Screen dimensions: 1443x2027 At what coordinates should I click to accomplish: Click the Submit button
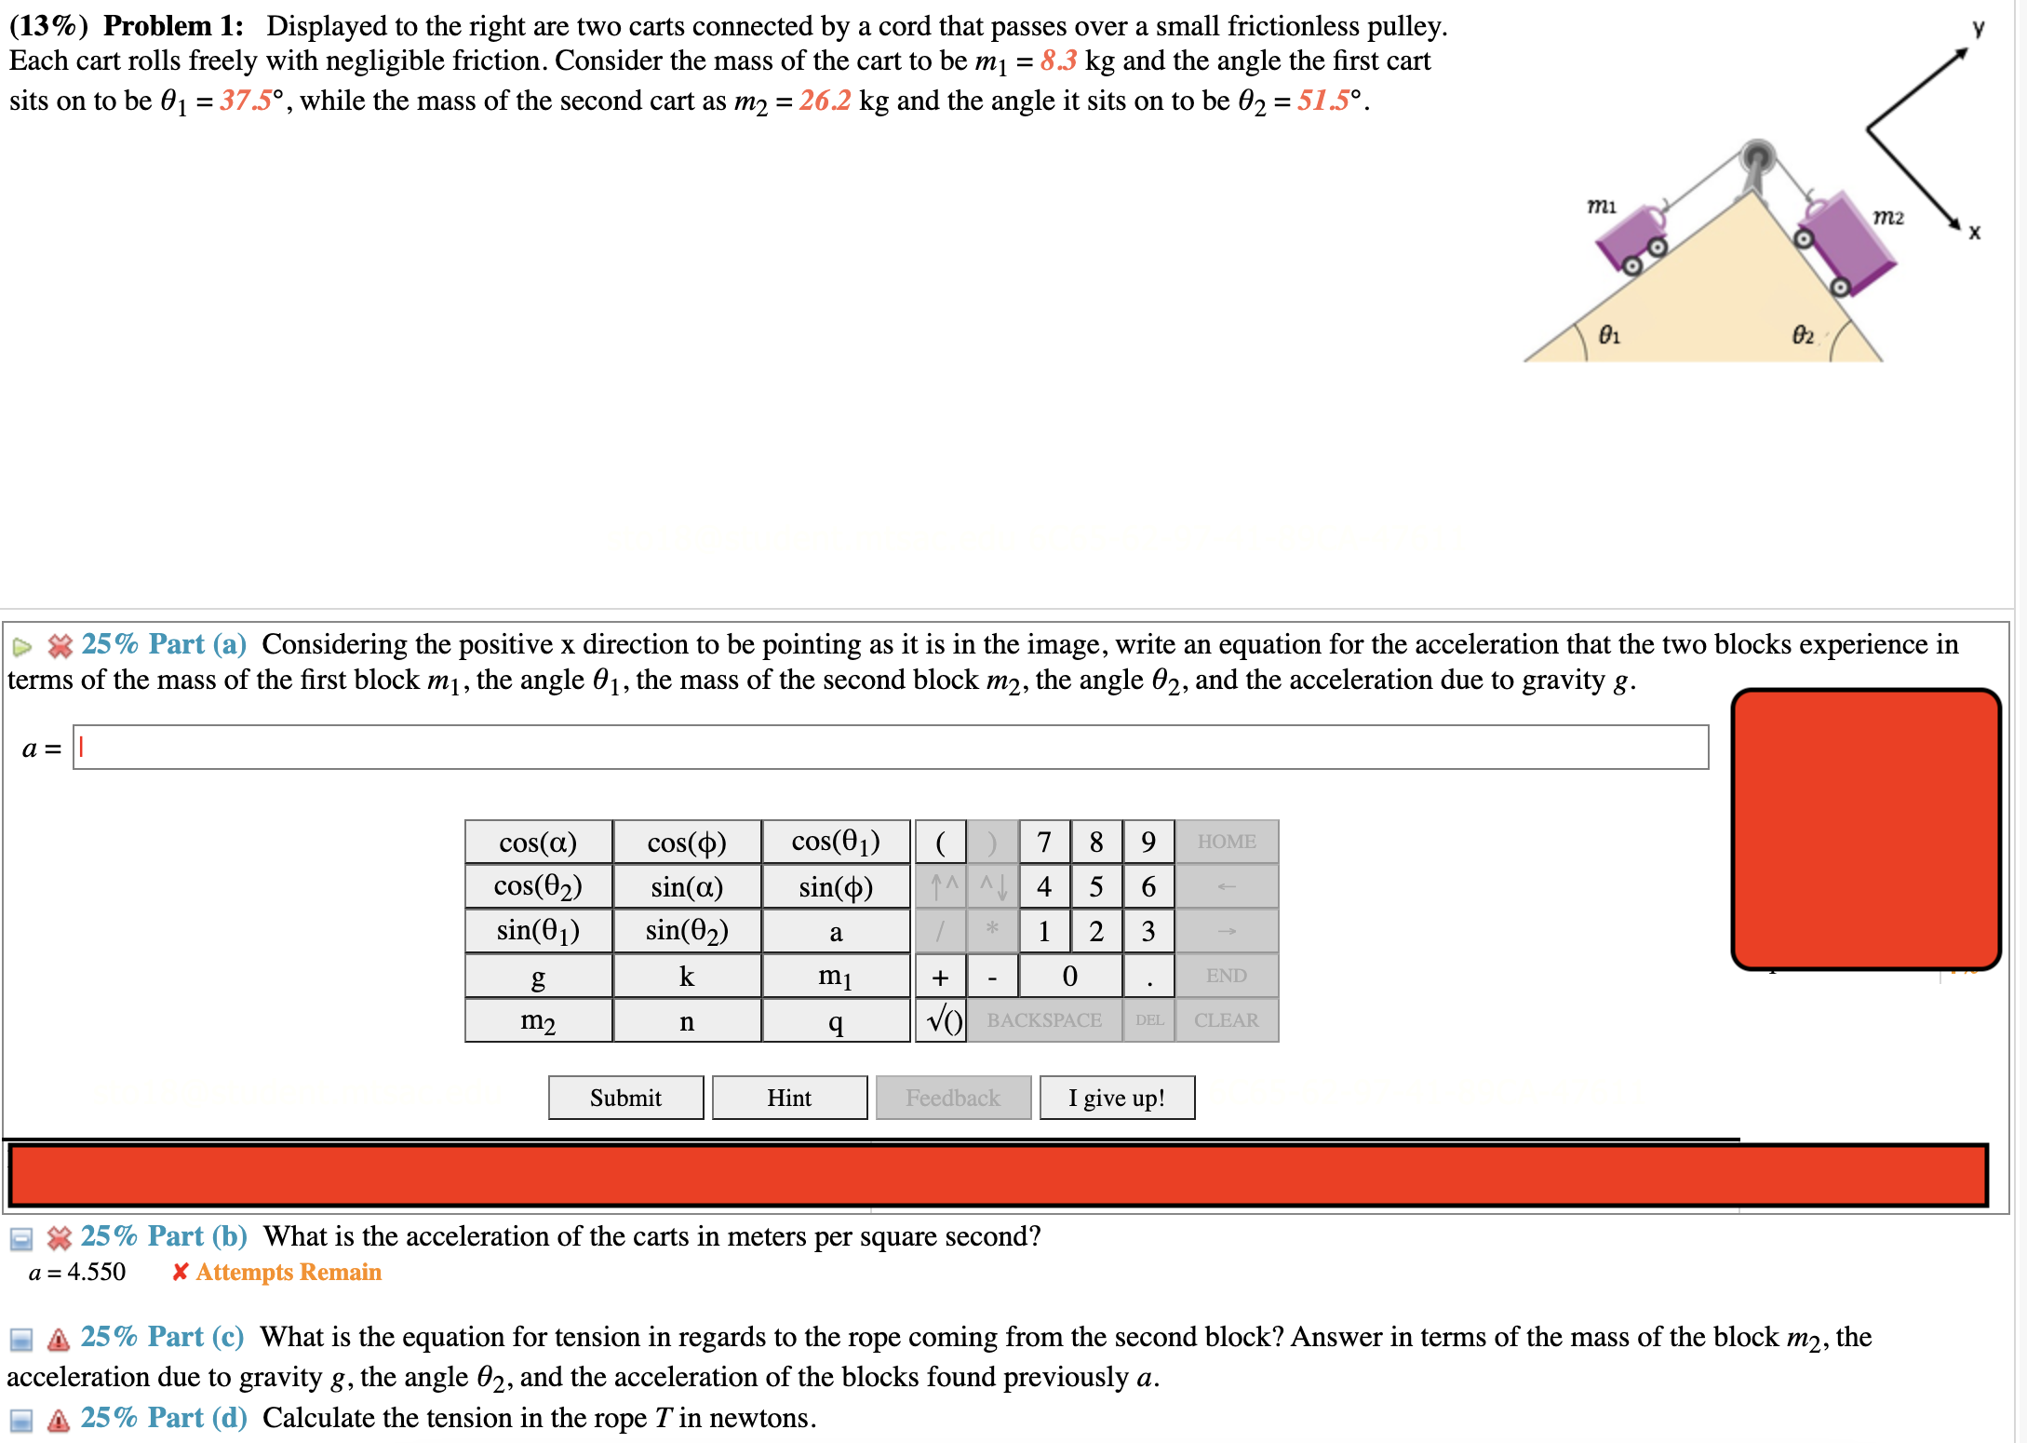(625, 1098)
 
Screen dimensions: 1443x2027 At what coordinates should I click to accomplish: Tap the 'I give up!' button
(1116, 1098)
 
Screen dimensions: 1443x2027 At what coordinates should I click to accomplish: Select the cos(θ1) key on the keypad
(835, 842)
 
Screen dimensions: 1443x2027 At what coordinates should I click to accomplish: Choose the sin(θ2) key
(687, 931)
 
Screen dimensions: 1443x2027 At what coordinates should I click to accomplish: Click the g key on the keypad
(538, 977)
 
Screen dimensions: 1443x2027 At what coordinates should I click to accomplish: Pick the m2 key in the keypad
(538, 1021)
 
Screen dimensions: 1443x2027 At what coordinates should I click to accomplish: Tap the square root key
(941, 1021)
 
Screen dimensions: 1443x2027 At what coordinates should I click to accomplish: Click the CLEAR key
(1226, 1021)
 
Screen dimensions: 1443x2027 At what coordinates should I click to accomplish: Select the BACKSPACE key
(1044, 1021)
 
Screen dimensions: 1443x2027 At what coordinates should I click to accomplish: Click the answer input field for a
(890, 748)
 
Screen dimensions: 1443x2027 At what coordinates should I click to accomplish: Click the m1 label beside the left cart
(1601, 206)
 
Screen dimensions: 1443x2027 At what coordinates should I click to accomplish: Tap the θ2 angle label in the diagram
(1803, 335)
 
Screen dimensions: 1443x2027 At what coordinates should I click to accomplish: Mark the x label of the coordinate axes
(1974, 233)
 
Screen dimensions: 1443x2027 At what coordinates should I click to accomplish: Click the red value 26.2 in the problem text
(825, 101)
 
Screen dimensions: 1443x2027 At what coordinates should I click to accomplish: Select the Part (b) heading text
(164, 1236)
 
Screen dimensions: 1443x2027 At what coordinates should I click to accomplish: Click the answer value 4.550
(96, 1272)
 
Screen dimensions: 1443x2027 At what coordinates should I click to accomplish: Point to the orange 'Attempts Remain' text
(289, 1272)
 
